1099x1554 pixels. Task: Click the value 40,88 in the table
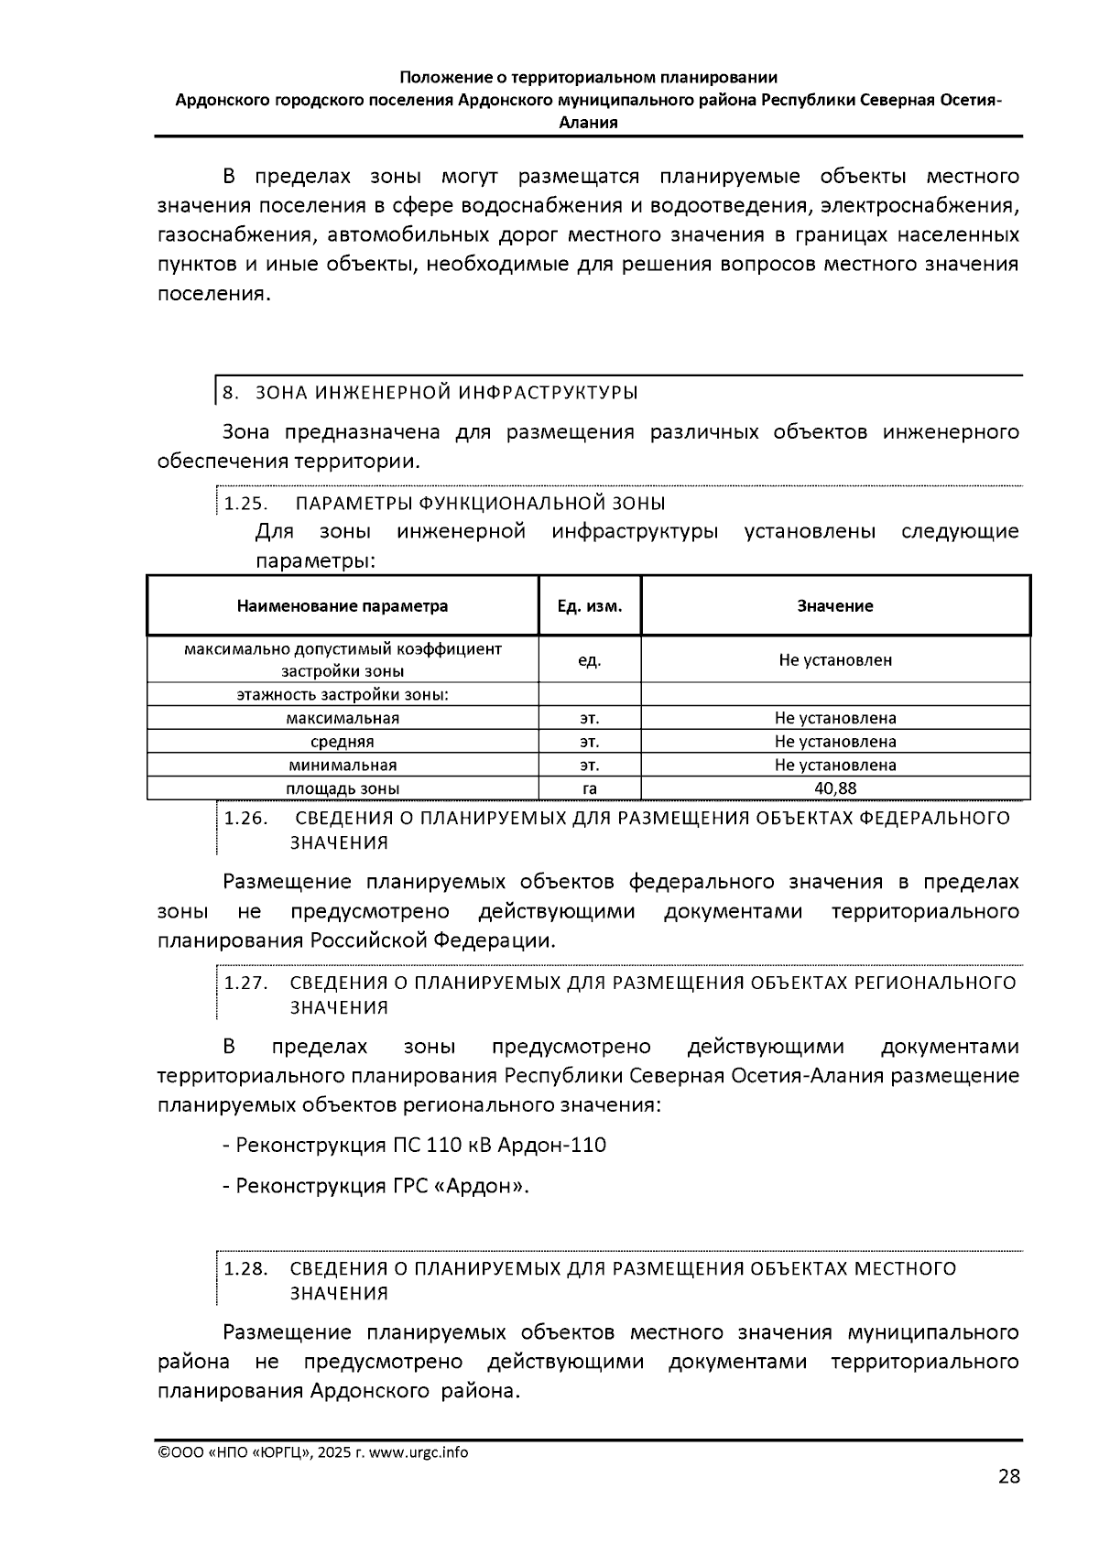(835, 788)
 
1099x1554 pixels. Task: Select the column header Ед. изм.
(590, 606)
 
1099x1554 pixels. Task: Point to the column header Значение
(835, 606)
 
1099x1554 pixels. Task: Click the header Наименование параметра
(343, 606)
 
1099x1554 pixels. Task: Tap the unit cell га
(590, 788)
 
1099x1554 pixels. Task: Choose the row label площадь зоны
(343, 788)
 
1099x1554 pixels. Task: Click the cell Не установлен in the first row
(835, 659)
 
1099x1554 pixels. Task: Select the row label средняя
(343, 742)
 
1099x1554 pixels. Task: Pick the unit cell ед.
(590, 659)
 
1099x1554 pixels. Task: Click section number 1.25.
(245, 504)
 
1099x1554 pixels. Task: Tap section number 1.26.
(245, 818)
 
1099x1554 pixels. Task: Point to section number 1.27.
(245, 983)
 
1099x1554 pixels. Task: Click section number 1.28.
(245, 1268)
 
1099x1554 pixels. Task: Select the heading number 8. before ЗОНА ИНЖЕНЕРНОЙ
(231, 393)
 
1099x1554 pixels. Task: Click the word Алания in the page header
(588, 122)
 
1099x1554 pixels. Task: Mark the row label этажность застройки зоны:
(343, 694)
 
